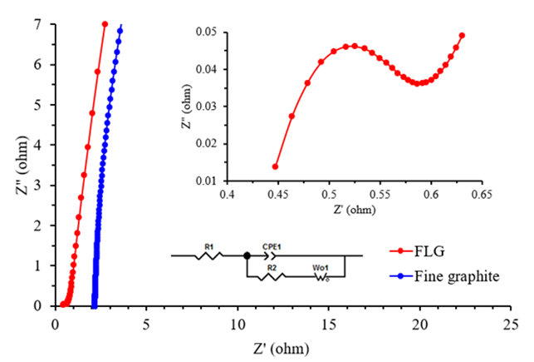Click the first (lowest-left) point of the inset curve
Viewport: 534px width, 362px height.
[276, 166]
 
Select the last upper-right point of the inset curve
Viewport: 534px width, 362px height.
[462, 36]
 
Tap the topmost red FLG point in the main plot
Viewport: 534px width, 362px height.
[105, 24]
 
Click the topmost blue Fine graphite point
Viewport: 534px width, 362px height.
[120, 30]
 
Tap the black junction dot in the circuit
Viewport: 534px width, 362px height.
[247, 255]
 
